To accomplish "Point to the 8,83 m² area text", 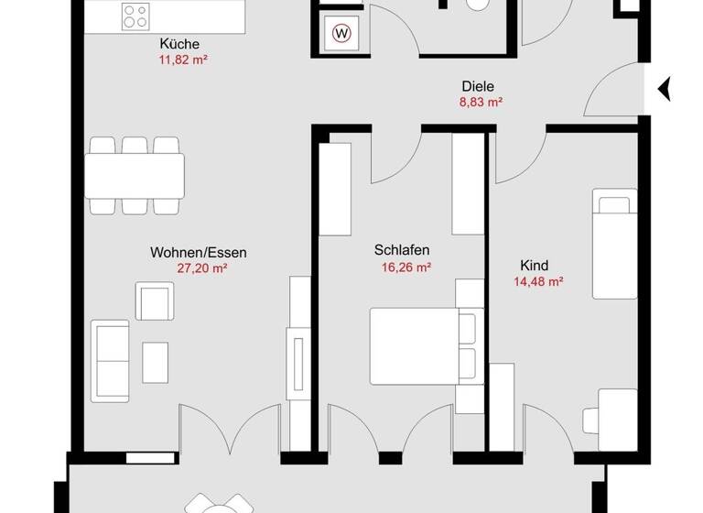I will click(x=480, y=104).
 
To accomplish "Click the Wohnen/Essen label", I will click(x=199, y=252).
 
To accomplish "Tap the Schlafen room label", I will click(x=402, y=250).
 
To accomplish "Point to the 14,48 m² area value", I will click(x=538, y=282).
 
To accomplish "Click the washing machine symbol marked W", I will click(x=341, y=35).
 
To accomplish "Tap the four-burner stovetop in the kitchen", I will click(x=137, y=16).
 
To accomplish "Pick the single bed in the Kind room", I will click(x=614, y=244).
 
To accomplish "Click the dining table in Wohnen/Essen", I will click(x=135, y=175).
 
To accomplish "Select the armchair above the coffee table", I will click(x=156, y=300).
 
